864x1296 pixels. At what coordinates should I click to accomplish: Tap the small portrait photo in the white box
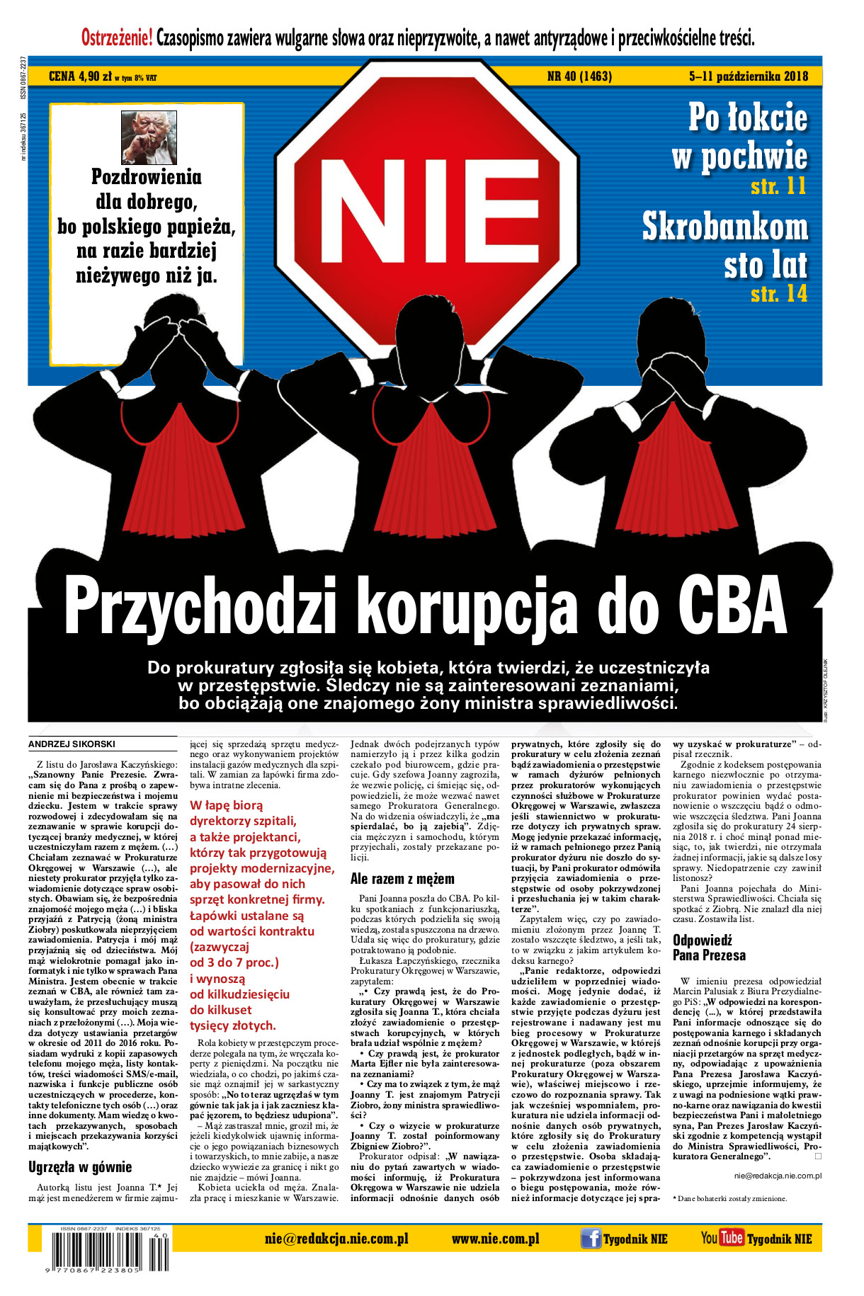[149, 137]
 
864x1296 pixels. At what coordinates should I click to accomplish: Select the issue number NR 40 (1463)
[580, 76]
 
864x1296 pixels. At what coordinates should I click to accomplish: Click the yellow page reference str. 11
[778, 186]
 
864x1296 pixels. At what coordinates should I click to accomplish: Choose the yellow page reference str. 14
[778, 293]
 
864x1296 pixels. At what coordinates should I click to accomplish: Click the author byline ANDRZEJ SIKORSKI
[72, 744]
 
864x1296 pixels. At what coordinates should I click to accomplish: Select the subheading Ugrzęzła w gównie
[80, 1166]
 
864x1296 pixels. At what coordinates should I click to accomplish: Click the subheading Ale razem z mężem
[402, 879]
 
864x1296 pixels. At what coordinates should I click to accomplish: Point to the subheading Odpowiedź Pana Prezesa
[709, 948]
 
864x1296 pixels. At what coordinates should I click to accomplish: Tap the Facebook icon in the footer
[591, 1239]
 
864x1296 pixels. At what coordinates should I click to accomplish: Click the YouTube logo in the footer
[722, 1238]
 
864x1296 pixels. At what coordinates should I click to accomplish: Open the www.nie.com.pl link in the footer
[495, 1239]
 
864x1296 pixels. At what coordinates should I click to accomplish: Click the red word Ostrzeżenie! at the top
[117, 37]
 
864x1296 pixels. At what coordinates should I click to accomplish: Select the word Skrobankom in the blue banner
[724, 227]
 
